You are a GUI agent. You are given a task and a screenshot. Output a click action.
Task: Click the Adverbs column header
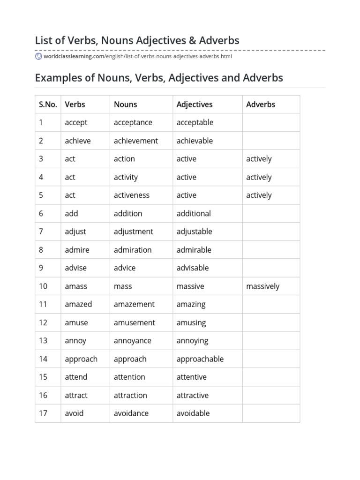pos(261,105)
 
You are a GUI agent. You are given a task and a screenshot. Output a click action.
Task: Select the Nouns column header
pos(125,105)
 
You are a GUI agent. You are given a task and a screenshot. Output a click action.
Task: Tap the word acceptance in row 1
pos(133,122)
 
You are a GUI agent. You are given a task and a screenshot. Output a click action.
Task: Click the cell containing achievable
pos(195,141)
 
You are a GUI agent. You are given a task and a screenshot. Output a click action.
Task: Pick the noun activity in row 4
pos(126,177)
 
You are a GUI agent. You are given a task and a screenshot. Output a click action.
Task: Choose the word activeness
pos(132,195)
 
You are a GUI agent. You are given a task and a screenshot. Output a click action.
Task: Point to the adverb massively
pos(262,286)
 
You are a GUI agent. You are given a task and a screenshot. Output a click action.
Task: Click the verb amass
pos(76,286)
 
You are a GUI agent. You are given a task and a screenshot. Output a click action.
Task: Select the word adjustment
pos(133,232)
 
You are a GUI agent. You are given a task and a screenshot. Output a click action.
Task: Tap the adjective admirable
pos(194,250)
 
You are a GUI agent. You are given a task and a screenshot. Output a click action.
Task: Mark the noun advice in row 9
pos(125,268)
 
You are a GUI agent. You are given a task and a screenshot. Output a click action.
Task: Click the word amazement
pos(134,304)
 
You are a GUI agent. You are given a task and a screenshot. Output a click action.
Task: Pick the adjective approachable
pos(200,359)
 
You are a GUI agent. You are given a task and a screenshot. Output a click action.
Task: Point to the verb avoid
pos(74,413)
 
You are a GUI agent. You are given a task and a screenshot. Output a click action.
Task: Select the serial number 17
pos(43,413)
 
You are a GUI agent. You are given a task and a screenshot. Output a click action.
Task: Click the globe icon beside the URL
pos(38,56)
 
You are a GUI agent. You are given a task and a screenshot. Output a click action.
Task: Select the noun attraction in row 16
pos(130,395)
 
